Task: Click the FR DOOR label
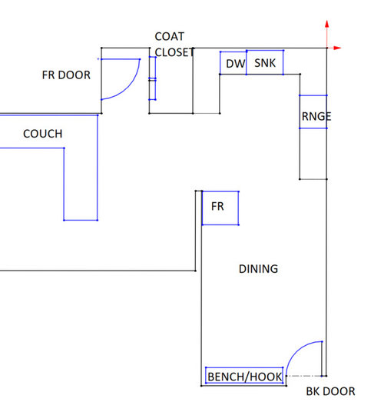click(65, 75)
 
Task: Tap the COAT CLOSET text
click(170, 45)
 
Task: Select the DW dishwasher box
click(233, 63)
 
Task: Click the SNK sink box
click(264, 63)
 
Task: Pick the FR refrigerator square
click(220, 208)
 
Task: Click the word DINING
click(258, 269)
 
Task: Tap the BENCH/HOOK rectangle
click(245, 376)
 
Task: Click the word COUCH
click(42, 135)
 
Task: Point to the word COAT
click(170, 37)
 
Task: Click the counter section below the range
click(313, 154)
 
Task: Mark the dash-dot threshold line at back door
click(303, 375)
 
